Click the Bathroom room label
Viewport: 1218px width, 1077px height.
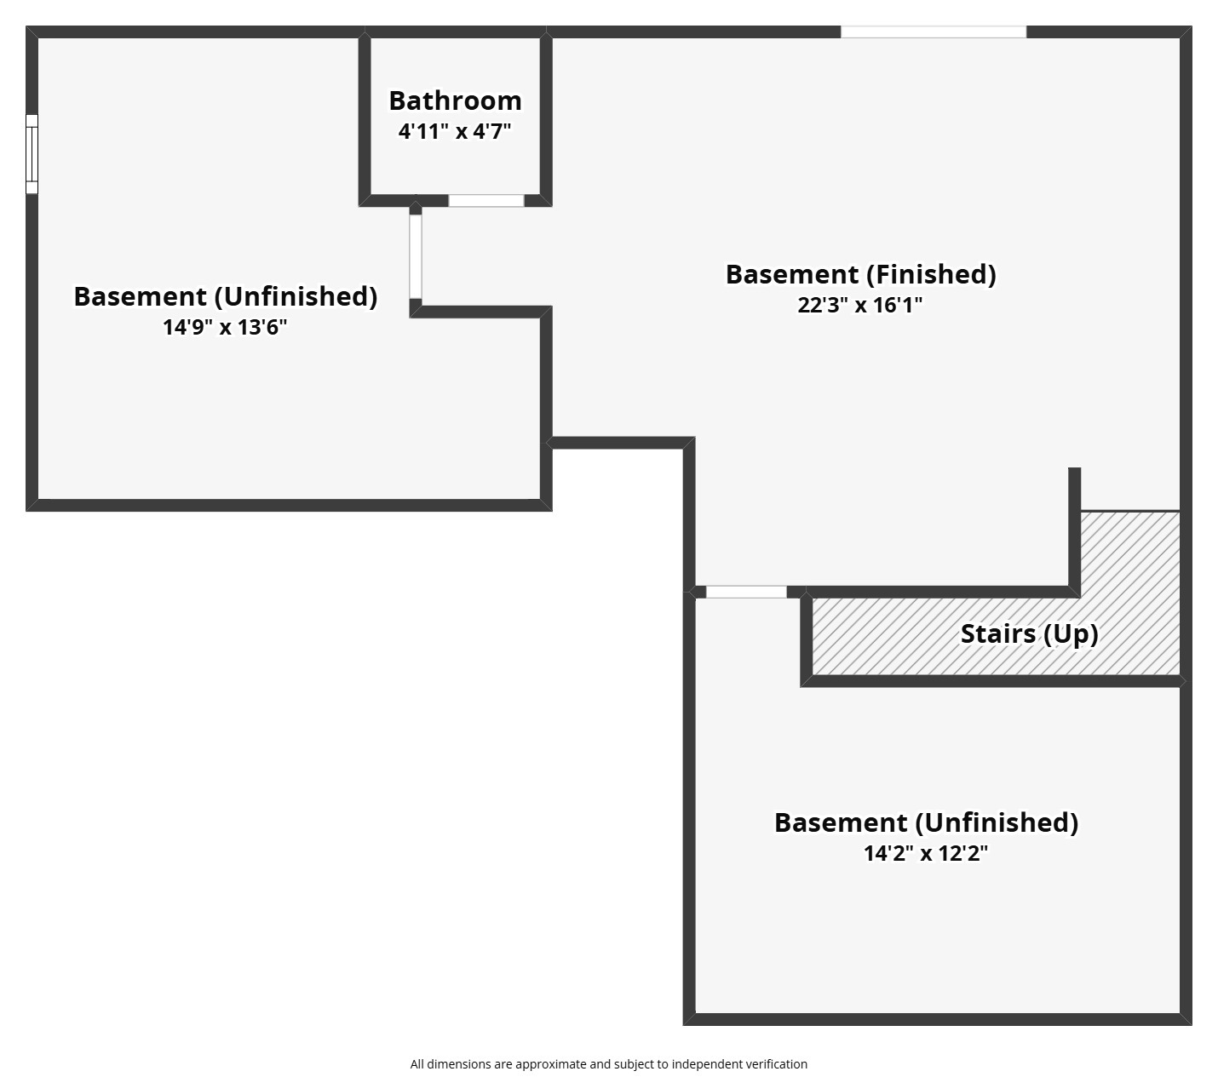pos(455,100)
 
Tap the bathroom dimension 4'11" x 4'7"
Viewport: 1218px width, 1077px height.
pos(455,131)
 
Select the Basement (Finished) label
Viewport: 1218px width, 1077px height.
pos(860,274)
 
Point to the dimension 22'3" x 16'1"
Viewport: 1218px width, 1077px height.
pos(860,305)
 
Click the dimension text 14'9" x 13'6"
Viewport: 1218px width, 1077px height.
pos(225,327)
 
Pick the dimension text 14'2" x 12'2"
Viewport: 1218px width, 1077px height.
pos(926,853)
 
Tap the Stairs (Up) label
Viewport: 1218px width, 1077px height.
pos(1029,633)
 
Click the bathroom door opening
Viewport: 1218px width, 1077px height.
pos(486,201)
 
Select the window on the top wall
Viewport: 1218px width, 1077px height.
pos(934,32)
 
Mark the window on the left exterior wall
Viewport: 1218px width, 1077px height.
pos(32,154)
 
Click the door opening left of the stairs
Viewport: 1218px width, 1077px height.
pos(746,592)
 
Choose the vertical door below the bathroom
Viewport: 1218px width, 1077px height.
pos(416,256)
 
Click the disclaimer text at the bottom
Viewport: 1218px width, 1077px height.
pos(608,1064)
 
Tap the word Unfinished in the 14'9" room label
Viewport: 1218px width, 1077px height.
pos(296,296)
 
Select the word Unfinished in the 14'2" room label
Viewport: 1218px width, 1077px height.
pos(997,822)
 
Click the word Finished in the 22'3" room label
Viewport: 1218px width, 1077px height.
pos(931,274)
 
